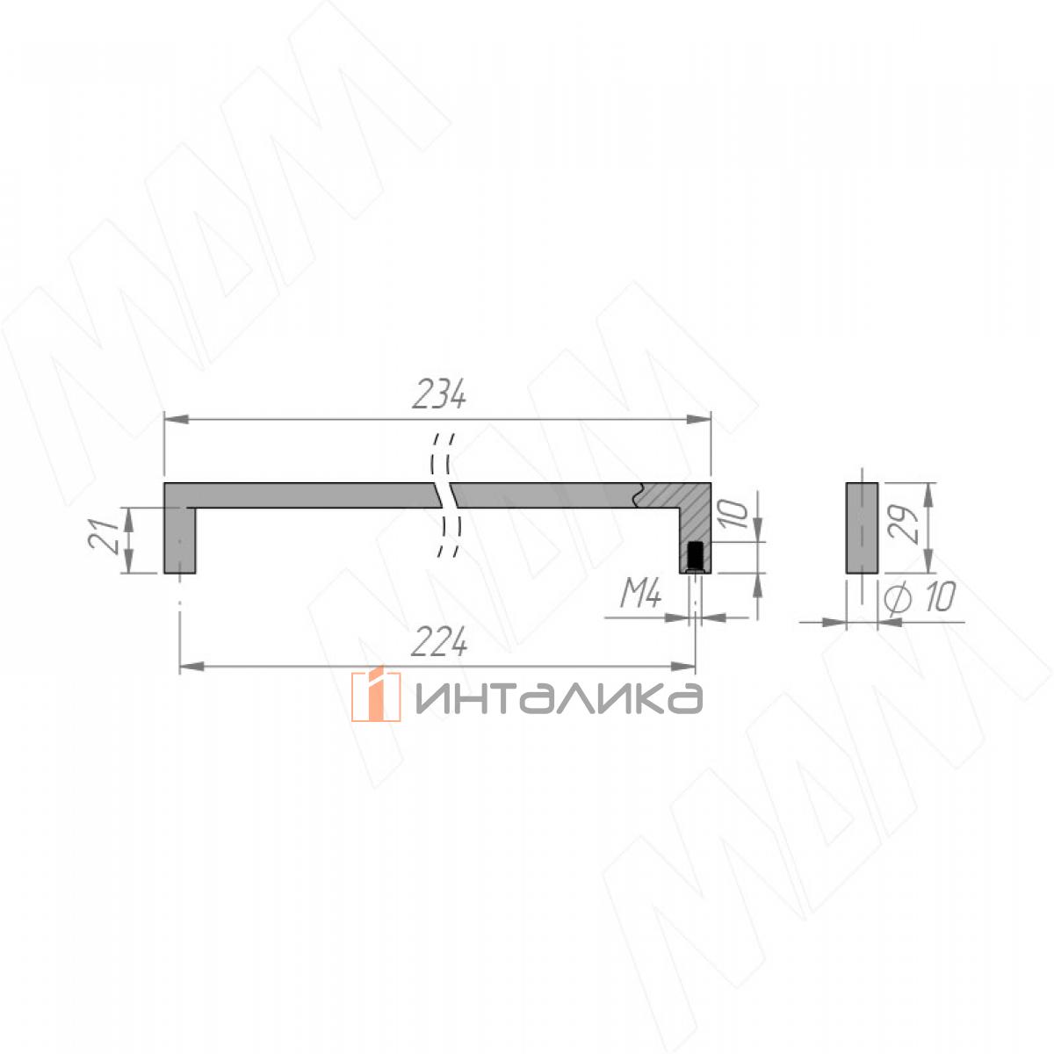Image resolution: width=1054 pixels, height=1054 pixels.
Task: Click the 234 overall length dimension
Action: click(x=438, y=394)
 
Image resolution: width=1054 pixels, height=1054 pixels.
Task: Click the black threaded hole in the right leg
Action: click(x=695, y=554)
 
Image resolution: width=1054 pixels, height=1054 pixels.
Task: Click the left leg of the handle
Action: click(x=180, y=540)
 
